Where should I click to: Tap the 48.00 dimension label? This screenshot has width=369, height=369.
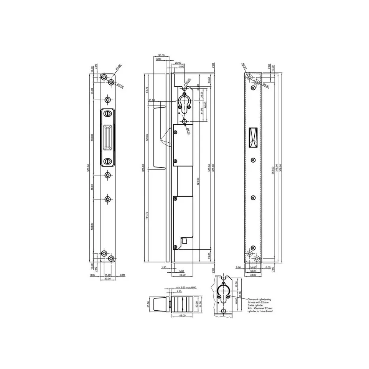(92, 187)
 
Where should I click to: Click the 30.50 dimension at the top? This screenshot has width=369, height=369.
(161, 55)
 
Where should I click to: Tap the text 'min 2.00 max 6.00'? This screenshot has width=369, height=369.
(186, 287)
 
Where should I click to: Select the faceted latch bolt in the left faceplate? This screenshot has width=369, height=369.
(107, 137)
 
